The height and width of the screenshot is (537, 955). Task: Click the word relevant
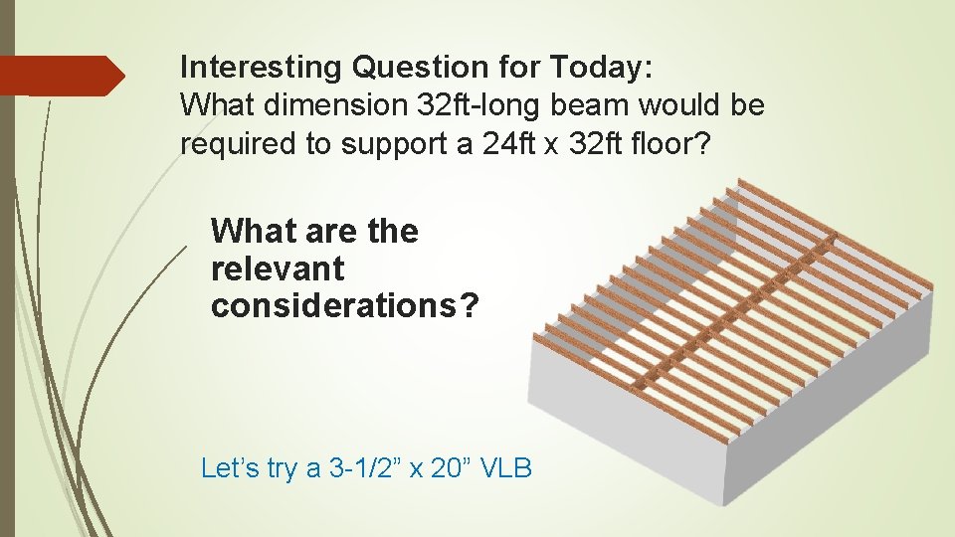[278, 268]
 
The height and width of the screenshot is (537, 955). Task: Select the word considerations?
[344, 306]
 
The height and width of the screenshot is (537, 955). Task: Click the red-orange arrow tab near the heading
[62, 76]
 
